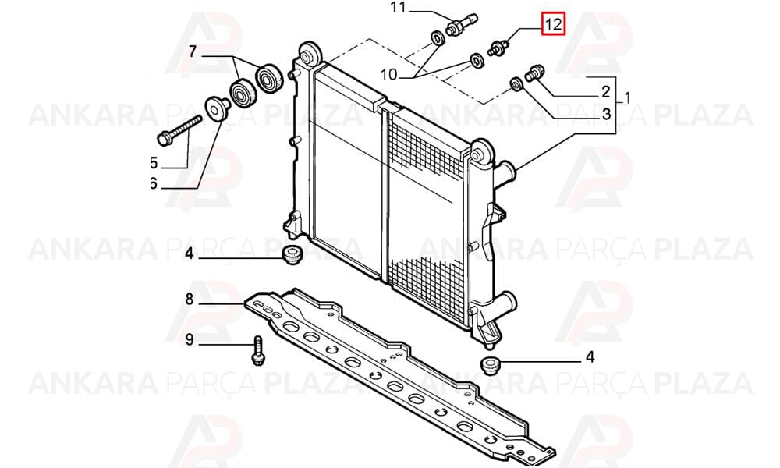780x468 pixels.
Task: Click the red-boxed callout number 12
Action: click(554, 24)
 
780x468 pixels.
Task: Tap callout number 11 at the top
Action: click(399, 8)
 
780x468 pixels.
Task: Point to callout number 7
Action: click(193, 51)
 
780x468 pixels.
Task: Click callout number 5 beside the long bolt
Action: click(153, 163)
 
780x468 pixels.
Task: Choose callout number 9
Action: click(189, 339)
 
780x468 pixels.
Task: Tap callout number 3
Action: click(606, 115)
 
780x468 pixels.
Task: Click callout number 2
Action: click(605, 91)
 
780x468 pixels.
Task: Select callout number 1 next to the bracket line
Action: click(626, 98)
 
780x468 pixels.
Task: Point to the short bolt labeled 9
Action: click(258, 351)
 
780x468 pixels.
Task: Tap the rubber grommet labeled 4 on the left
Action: click(290, 254)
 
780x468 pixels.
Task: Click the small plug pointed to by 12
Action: click(498, 48)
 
